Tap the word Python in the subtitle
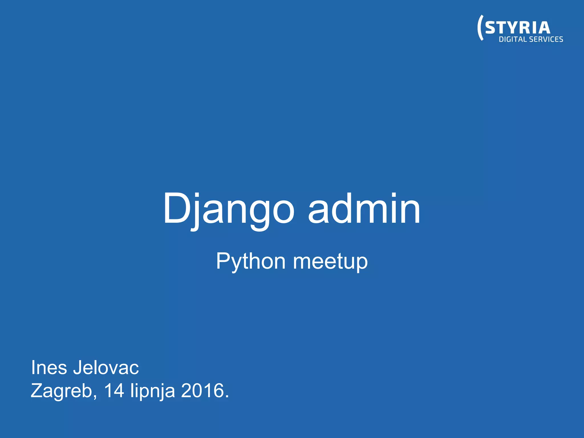(251, 261)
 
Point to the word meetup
(330, 261)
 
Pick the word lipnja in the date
(153, 391)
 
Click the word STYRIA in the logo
(518, 28)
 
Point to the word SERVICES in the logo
(546, 39)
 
